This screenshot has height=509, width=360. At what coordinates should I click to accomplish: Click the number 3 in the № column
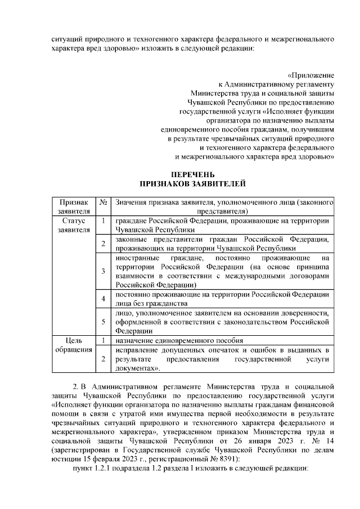click(x=103, y=272)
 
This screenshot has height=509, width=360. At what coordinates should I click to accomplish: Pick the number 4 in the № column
click(x=103, y=299)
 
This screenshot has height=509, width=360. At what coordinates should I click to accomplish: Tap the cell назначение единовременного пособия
click(x=179, y=340)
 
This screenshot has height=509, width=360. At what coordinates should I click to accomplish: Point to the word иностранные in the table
click(x=136, y=258)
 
